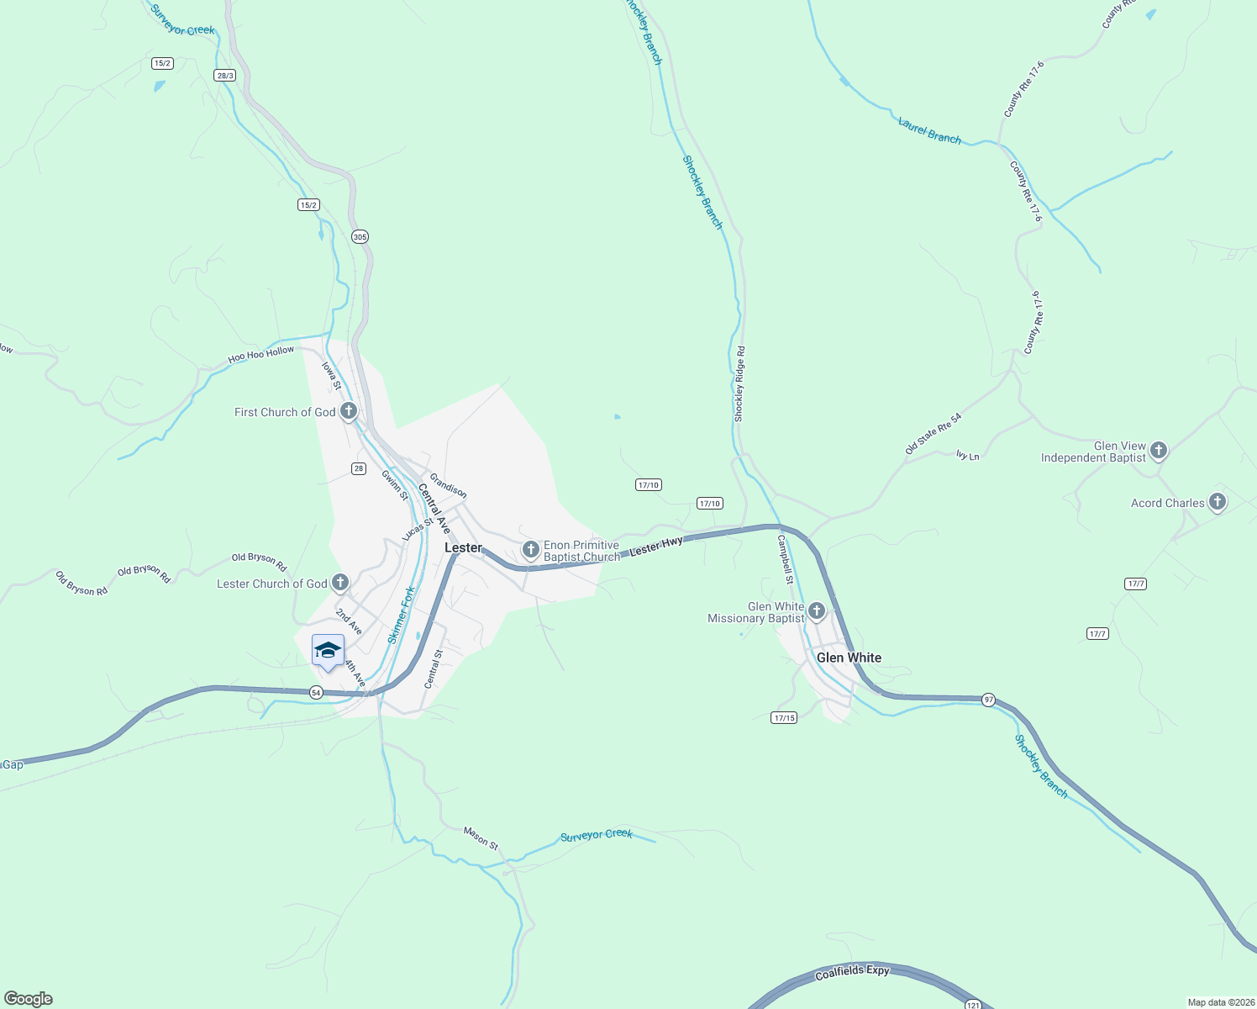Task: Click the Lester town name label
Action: tap(463, 547)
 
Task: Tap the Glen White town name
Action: tap(849, 658)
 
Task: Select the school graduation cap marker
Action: tap(328, 650)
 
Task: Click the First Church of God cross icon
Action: tap(349, 411)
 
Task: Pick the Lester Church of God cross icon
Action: tap(340, 582)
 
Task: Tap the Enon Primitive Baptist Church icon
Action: tap(530, 550)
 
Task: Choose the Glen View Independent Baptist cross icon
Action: tap(1159, 451)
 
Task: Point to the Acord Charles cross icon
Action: tap(1217, 503)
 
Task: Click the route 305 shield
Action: tap(360, 237)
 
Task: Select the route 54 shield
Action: tap(315, 692)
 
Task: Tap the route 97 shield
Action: tap(988, 700)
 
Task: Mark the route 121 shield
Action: tap(972, 1005)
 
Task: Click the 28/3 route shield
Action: tap(224, 76)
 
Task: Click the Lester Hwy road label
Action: tap(656, 546)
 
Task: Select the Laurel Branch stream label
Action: tap(929, 131)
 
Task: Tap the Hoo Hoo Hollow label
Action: tap(261, 355)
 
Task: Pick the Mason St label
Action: tap(481, 837)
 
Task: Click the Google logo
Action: tap(28, 999)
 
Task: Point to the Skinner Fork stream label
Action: tap(402, 615)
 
